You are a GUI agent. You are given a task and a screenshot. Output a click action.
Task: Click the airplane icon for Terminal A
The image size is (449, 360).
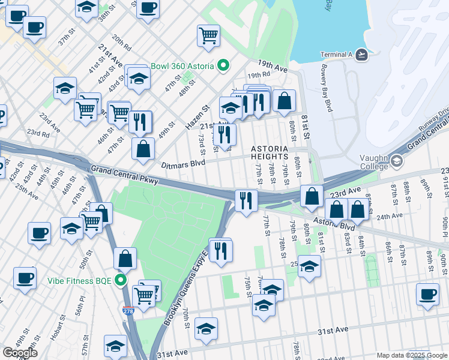[x=361, y=55]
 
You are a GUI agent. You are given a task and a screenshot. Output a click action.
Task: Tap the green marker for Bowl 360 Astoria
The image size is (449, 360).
[x=223, y=65]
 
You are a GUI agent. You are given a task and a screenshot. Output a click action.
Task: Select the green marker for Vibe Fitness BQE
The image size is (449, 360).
[x=121, y=280]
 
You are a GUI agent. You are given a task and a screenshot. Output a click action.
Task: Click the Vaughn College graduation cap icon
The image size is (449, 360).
[x=397, y=161]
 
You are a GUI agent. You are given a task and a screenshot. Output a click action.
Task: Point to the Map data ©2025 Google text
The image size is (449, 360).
[x=412, y=355]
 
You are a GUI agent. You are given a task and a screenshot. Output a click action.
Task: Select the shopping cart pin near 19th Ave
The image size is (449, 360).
[x=208, y=35]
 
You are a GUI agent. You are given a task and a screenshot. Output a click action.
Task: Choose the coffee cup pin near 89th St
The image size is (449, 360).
[x=427, y=295]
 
